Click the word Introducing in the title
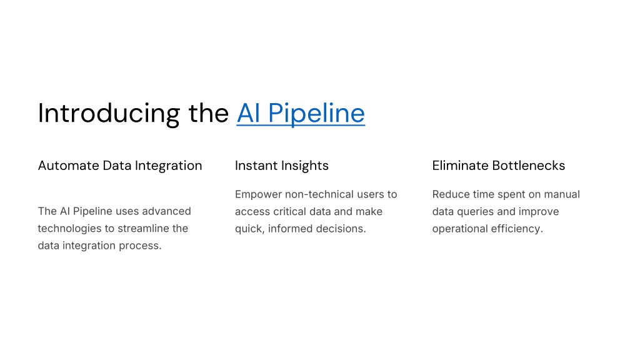[109, 114]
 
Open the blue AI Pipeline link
[301, 114]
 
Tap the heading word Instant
[252, 166]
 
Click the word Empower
[258, 195]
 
